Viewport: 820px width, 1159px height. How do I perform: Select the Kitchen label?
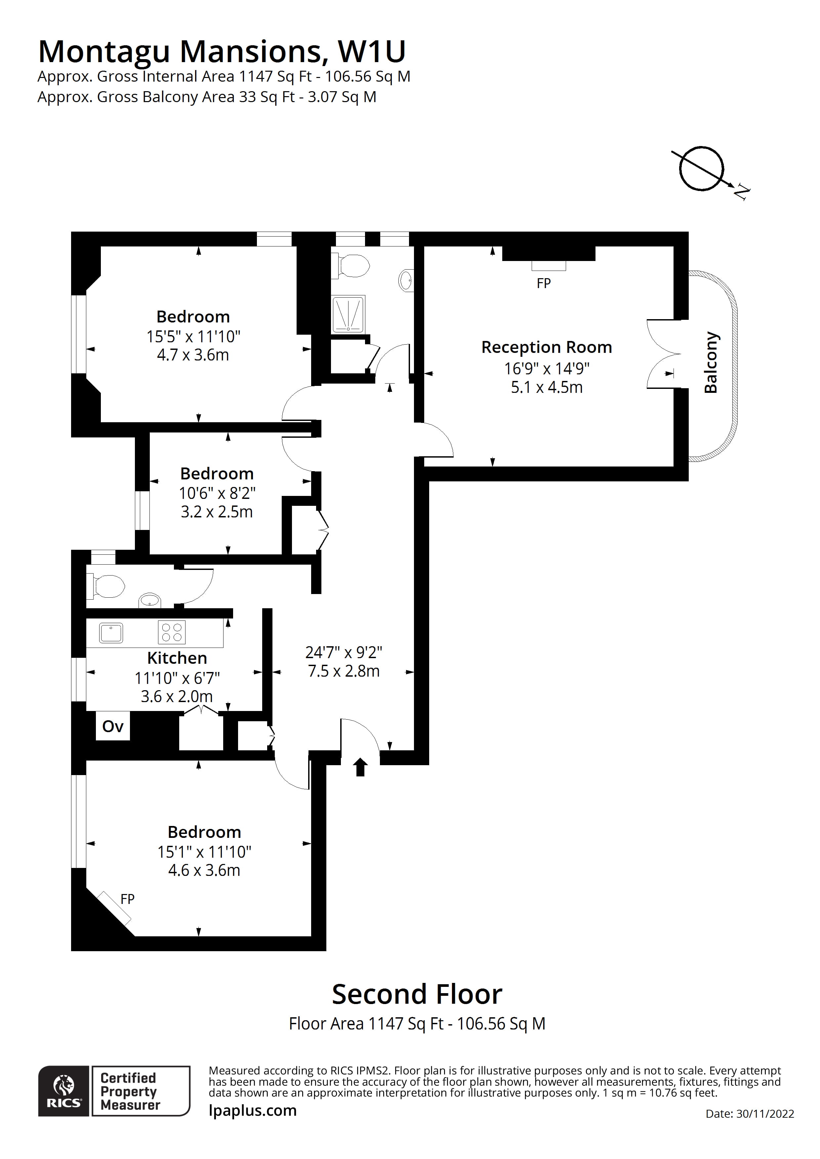(x=177, y=658)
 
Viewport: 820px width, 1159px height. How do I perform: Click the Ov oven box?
(x=113, y=727)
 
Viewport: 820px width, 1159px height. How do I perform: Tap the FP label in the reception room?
(x=544, y=284)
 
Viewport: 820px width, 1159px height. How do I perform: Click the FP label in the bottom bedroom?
(x=127, y=899)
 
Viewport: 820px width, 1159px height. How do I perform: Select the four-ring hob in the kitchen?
(x=172, y=632)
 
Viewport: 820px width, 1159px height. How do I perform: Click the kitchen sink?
(x=111, y=632)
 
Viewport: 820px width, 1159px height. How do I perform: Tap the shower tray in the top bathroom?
(x=348, y=315)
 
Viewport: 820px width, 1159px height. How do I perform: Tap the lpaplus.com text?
(x=253, y=1110)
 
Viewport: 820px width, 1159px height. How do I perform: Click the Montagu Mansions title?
(x=222, y=52)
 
